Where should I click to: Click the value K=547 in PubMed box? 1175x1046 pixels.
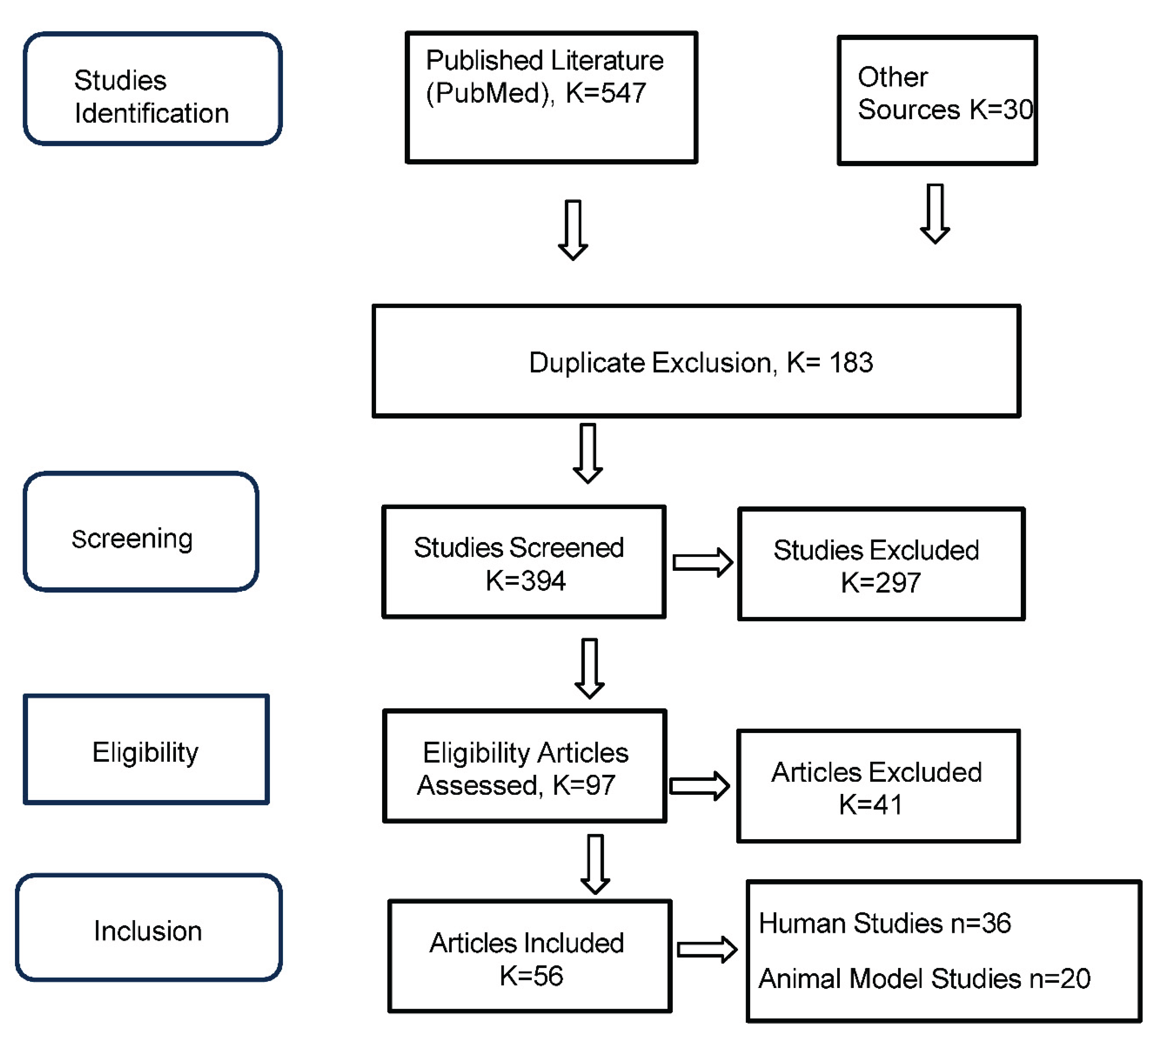pos(605,93)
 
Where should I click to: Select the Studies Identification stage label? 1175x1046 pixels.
pos(151,97)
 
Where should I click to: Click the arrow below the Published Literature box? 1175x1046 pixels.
pos(573,230)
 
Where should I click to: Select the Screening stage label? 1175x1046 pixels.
pos(132,539)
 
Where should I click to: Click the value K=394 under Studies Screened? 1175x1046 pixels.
pos(526,581)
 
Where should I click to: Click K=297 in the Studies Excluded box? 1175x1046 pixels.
pos(881,583)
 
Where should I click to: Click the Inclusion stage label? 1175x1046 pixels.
pos(148,931)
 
